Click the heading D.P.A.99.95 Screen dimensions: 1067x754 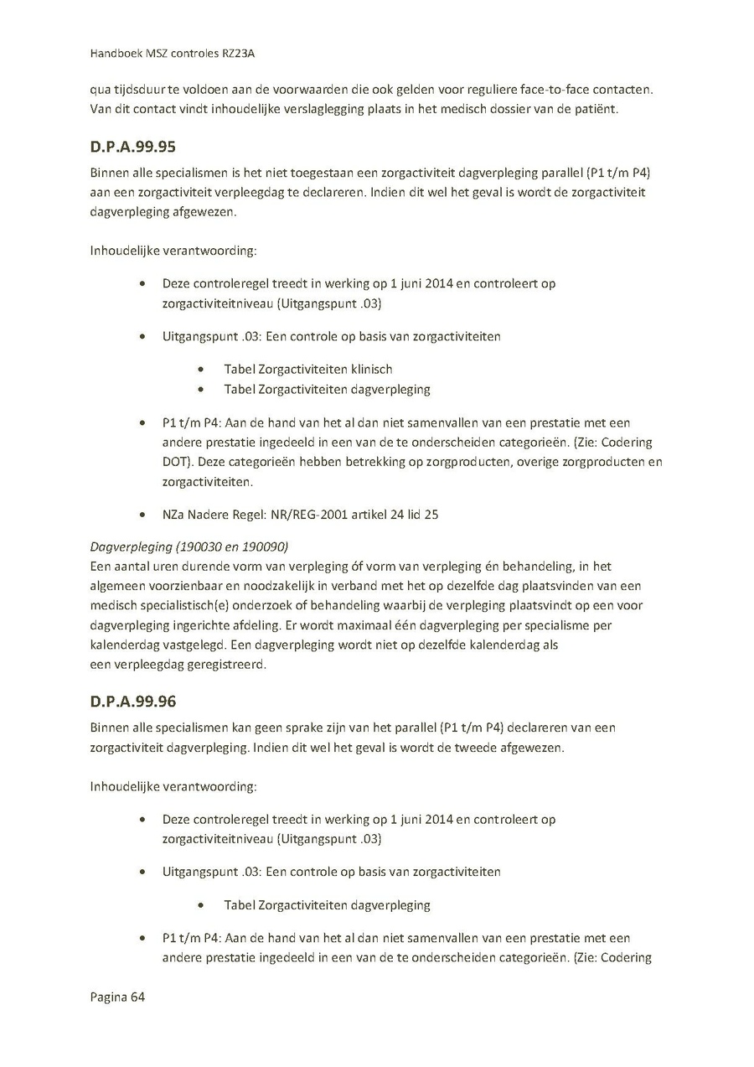click(x=132, y=148)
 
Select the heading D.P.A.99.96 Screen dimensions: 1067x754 click(x=132, y=701)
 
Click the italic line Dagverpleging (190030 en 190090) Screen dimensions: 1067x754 click(x=188, y=546)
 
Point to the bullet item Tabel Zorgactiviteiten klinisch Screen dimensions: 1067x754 click(x=307, y=369)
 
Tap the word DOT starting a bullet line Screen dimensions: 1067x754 click(x=176, y=462)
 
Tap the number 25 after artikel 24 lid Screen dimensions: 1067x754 click(x=431, y=515)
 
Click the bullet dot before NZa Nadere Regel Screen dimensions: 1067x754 click(x=147, y=515)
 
